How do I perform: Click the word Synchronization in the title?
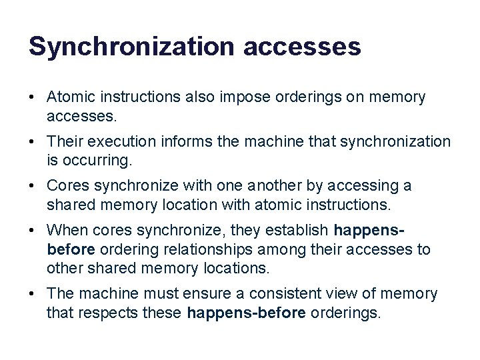(131, 46)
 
